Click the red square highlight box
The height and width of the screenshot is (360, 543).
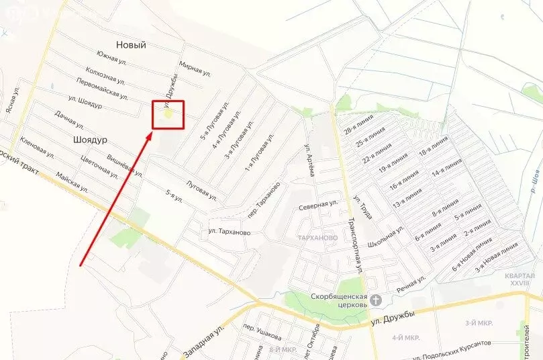point(168,114)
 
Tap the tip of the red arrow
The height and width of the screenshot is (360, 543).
point(152,132)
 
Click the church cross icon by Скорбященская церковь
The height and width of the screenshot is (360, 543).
point(376,300)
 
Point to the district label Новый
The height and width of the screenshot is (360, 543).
point(131,45)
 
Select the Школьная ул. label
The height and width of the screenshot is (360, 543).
point(389,236)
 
